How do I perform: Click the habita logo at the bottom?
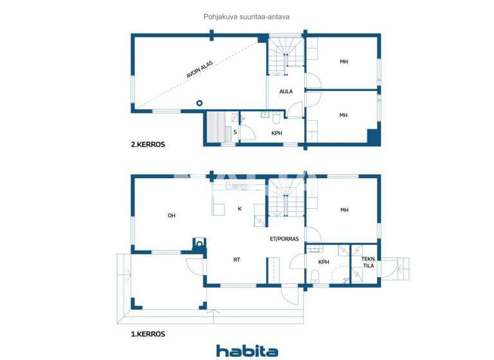[x=247, y=350]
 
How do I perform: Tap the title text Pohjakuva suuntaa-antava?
[x=247, y=17]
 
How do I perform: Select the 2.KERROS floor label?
[x=147, y=145]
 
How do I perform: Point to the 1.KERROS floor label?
[x=147, y=334]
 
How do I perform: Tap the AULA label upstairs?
[x=286, y=92]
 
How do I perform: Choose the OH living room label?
[x=172, y=215]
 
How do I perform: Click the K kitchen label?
[x=239, y=209]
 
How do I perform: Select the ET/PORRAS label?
[x=284, y=239]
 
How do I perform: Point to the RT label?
[x=237, y=260]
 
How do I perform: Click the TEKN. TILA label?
[x=369, y=262]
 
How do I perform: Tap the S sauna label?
[x=235, y=132]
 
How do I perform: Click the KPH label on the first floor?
[x=324, y=262]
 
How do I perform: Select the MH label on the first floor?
[x=344, y=210]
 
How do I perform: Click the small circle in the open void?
[x=200, y=103]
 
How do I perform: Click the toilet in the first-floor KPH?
[x=315, y=277]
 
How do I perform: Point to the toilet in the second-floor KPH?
[x=276, y=118]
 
